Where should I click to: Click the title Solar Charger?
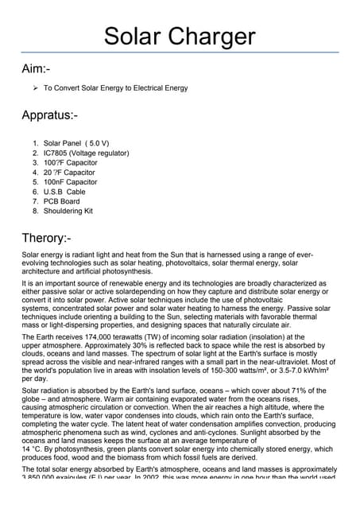[180, 36]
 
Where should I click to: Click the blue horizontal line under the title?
[180, 52]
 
